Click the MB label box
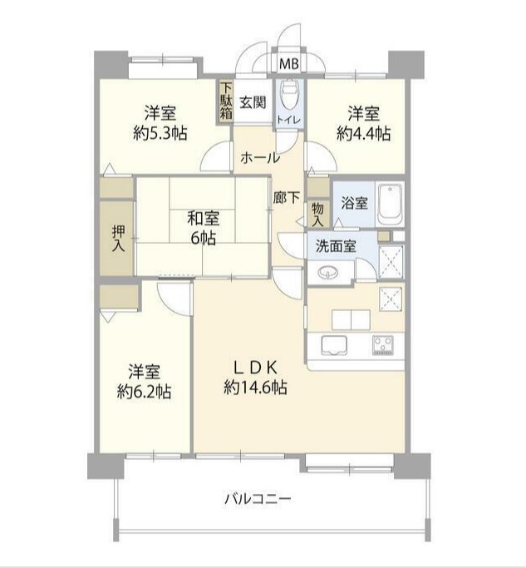point(288,64)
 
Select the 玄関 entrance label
point(253,103)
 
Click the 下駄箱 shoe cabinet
point(226,102)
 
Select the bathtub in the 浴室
point(389,203)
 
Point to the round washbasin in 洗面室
point(329,274)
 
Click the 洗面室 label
point(335,246)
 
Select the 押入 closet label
point(118,239)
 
